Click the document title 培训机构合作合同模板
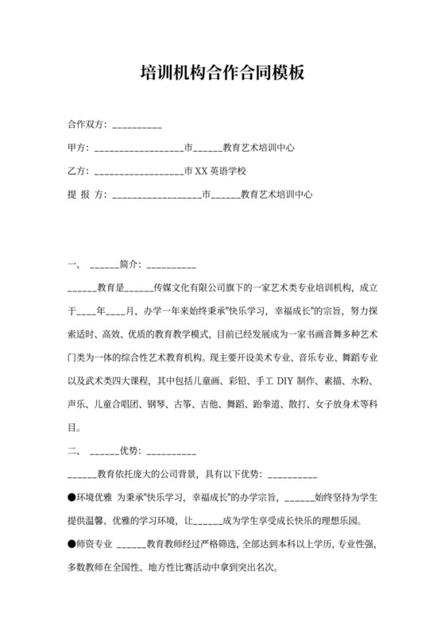pyautogui.click(x=222, y=74)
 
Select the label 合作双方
pyautogui.click(x=87, y=125)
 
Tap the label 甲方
pyautogui.click(x=77, y=148)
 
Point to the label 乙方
pyautogui.click(x=77, y=171)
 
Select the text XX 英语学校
pyautogui.click(x=222, y=171)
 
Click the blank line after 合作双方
pyautogui.click(x=138, y=125)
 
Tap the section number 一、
pyautogui.click(x=74, y=264)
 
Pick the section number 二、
pyautogui.click(x=74, y=451)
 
